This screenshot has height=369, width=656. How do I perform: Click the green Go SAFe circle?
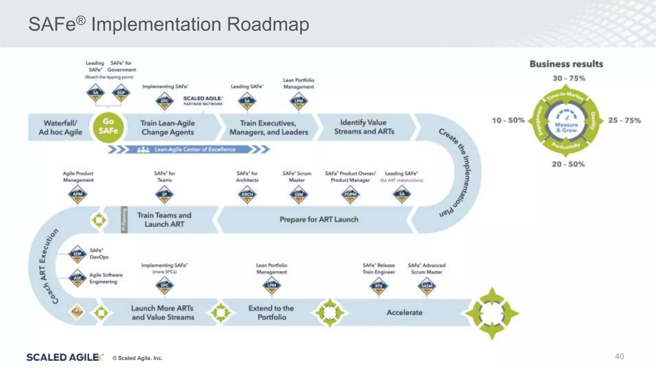(x=108, y=127)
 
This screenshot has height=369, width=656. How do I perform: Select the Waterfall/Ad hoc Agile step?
(x=60, y=127)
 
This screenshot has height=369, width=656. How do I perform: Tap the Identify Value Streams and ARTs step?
(x=364, y=127)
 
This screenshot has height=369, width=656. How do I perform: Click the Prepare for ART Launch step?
(x=319, y=219)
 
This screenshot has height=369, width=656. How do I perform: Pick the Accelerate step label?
(x=404, y=312)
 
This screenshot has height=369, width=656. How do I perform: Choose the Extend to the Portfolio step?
(x=272, y=313)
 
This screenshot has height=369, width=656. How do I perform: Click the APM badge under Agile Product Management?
(x=78, y=194)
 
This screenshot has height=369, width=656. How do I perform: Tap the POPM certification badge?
(x=350, y=194)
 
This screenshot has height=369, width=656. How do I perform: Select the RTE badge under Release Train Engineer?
(x=379, y=286)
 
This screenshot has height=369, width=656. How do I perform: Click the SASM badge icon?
(x=427, y=286)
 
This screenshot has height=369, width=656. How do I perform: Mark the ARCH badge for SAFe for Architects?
(x=247, y=194)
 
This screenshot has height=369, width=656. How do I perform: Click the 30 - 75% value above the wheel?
(x=569, y=78)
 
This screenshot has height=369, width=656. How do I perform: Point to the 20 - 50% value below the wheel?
(x=568, y=164)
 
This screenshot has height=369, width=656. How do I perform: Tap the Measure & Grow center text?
(x=566, y=127)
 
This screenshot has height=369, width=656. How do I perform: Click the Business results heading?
(x=566, y=64)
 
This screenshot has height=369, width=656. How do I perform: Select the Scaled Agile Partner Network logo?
(x=203, y=101)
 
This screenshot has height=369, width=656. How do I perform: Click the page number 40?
(x=619, y=357)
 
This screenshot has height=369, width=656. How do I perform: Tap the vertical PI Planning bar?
(x=124, y=219)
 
